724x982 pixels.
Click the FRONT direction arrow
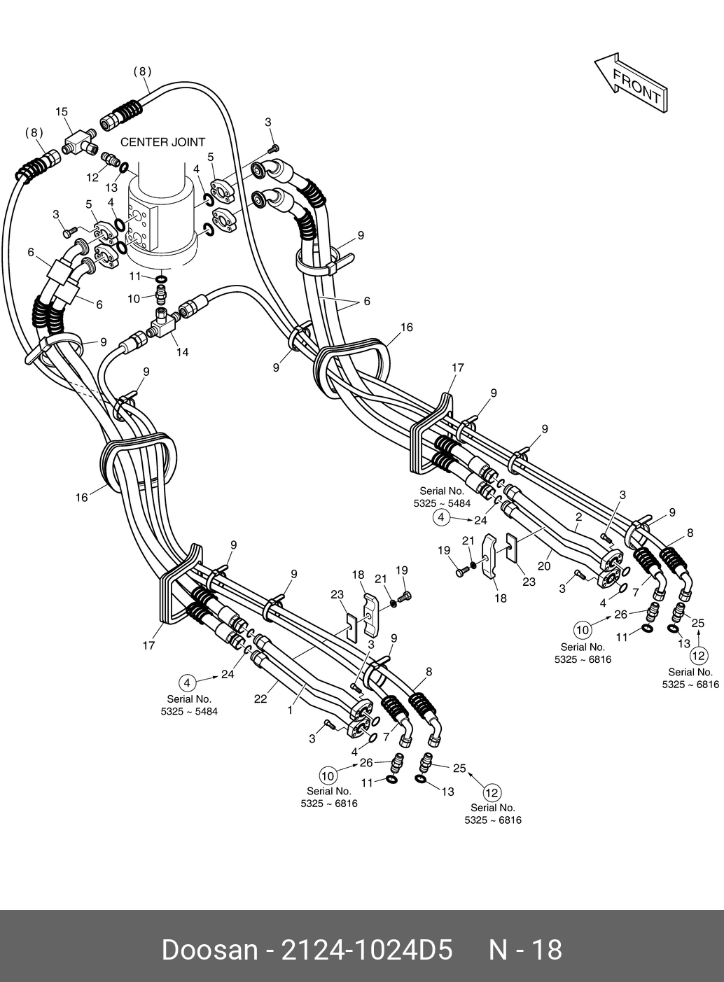(631, 83)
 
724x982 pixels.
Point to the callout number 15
(62, 112)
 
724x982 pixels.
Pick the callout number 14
(182, 352)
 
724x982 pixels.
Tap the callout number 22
(260, 699)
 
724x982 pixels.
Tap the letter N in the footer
(498, 950)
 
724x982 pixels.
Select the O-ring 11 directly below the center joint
(162, 279)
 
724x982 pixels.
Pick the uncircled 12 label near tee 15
(92, 178)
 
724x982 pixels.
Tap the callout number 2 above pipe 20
(579, 517)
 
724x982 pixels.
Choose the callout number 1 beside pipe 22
(290, 709)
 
